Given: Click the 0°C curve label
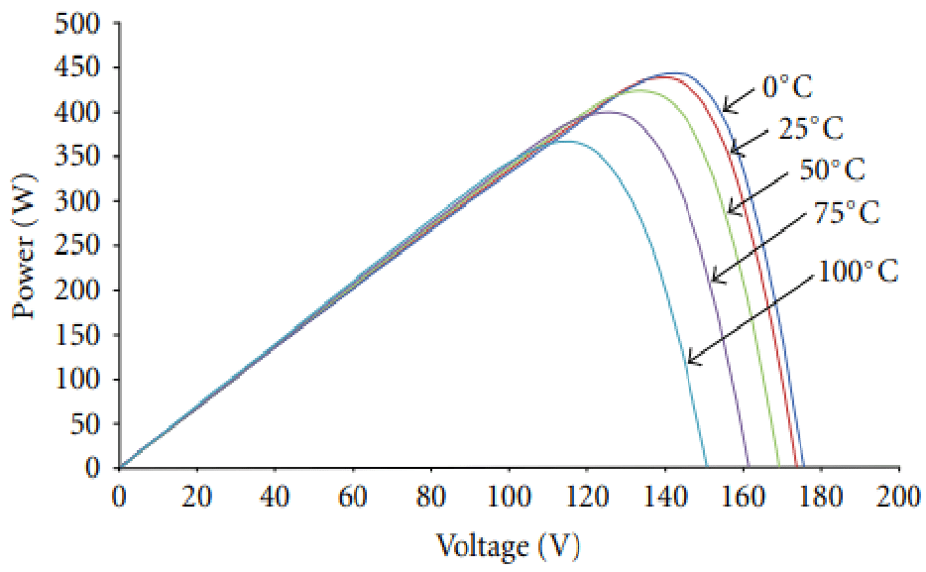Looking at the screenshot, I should (x=787, y=88).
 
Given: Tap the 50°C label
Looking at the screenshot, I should (x=833, y=170).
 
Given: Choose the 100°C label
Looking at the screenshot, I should (x=858, y=271).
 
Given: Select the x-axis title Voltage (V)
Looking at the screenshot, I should (x=507, y=544).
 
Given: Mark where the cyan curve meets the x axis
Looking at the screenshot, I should (x=706, y=466).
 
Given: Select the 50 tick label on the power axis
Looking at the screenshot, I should (x=87, y=423).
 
